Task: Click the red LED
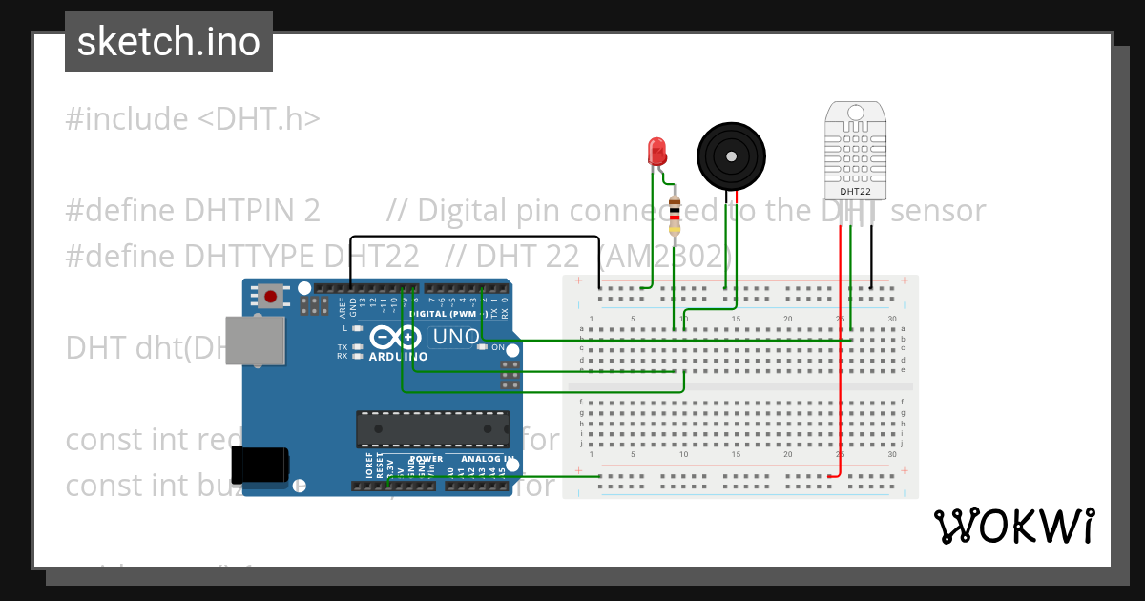(656, 151)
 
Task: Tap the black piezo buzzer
(731, 156)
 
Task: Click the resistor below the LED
(676, 215)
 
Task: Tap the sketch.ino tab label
(169, 42)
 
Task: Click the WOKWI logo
(1013, 526)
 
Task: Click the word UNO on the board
(456, 337)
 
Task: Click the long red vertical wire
(841, 363)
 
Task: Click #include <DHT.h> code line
(193, 119)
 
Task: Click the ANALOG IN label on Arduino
(487, 459)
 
